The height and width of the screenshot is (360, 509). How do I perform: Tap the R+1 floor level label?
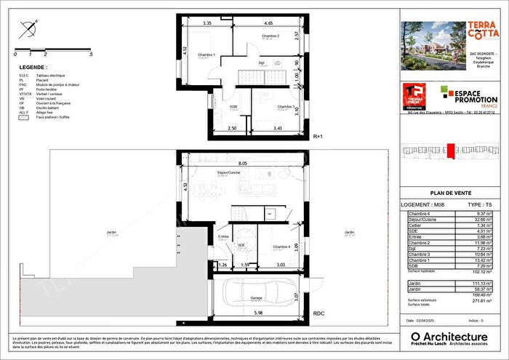click(318, 136)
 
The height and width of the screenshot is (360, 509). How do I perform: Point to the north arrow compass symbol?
click(28, 31)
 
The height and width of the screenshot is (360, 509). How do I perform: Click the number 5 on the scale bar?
click(91, 54)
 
